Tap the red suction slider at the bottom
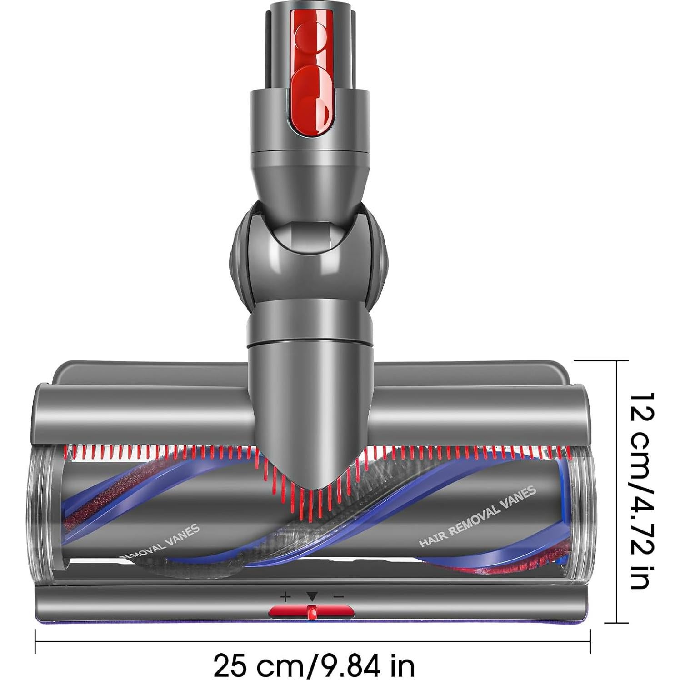[311, 611]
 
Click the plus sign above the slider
[285, 597]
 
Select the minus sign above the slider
[339, 597]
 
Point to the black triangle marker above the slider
[311, 596]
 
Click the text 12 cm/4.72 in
[641, 491]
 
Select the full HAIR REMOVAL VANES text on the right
[477, 516]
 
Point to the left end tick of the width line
[35, 641]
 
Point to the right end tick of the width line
[590, 641]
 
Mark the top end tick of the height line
[616, 360]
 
